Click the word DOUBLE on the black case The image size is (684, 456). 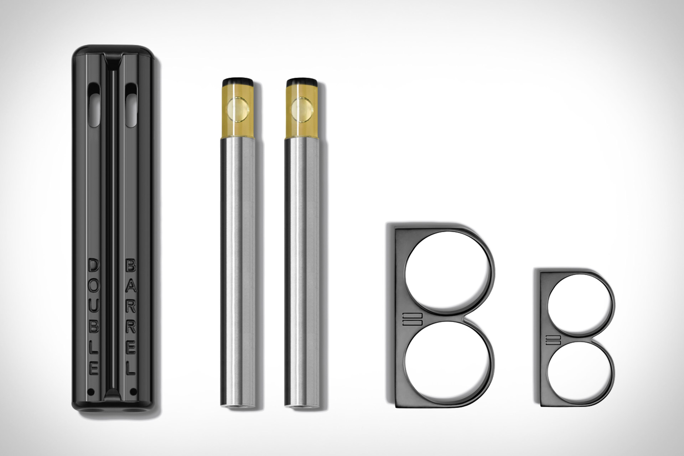tap(94, 317)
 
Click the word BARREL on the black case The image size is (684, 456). tap(131, 317)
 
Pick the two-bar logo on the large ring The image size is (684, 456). tap(412, 319)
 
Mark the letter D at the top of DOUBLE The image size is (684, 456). tap(94, 265)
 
